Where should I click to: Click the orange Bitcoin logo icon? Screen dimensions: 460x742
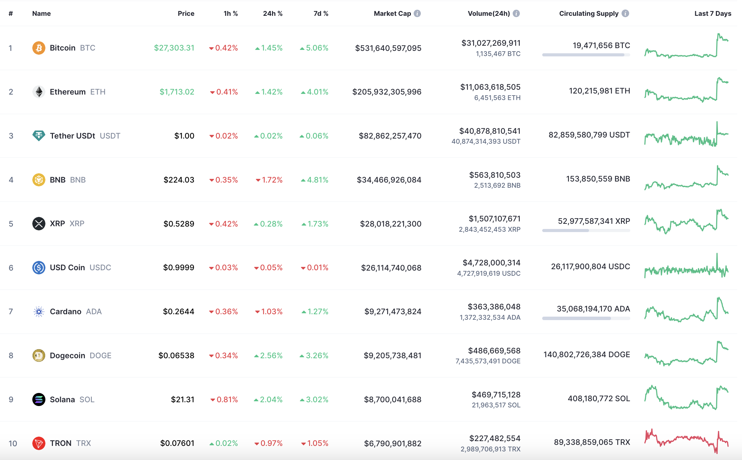[39, 48]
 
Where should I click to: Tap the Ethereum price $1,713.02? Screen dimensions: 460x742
[177, 92]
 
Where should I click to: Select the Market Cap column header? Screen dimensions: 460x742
[392, 13]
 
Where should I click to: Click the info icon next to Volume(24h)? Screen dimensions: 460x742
[516, 13]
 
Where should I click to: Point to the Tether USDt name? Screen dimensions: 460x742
[72, 136]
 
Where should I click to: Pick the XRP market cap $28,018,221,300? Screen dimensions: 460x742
[391, 224]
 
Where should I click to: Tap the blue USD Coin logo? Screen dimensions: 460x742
[39, 267]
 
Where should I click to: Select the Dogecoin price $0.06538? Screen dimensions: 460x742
[176, 355]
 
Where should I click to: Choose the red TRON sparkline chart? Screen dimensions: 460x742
[686, 441]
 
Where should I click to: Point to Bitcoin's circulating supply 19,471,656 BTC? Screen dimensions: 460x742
[601, 45]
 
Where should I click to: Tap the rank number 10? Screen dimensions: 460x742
[13, 443]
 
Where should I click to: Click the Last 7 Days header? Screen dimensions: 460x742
[712, 13]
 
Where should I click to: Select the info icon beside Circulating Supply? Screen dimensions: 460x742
[625, 13]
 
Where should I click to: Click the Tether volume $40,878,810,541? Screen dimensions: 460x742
[490, 131]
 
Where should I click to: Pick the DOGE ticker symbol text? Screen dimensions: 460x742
[100, 355]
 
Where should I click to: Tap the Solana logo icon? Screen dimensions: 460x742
[39, 399]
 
